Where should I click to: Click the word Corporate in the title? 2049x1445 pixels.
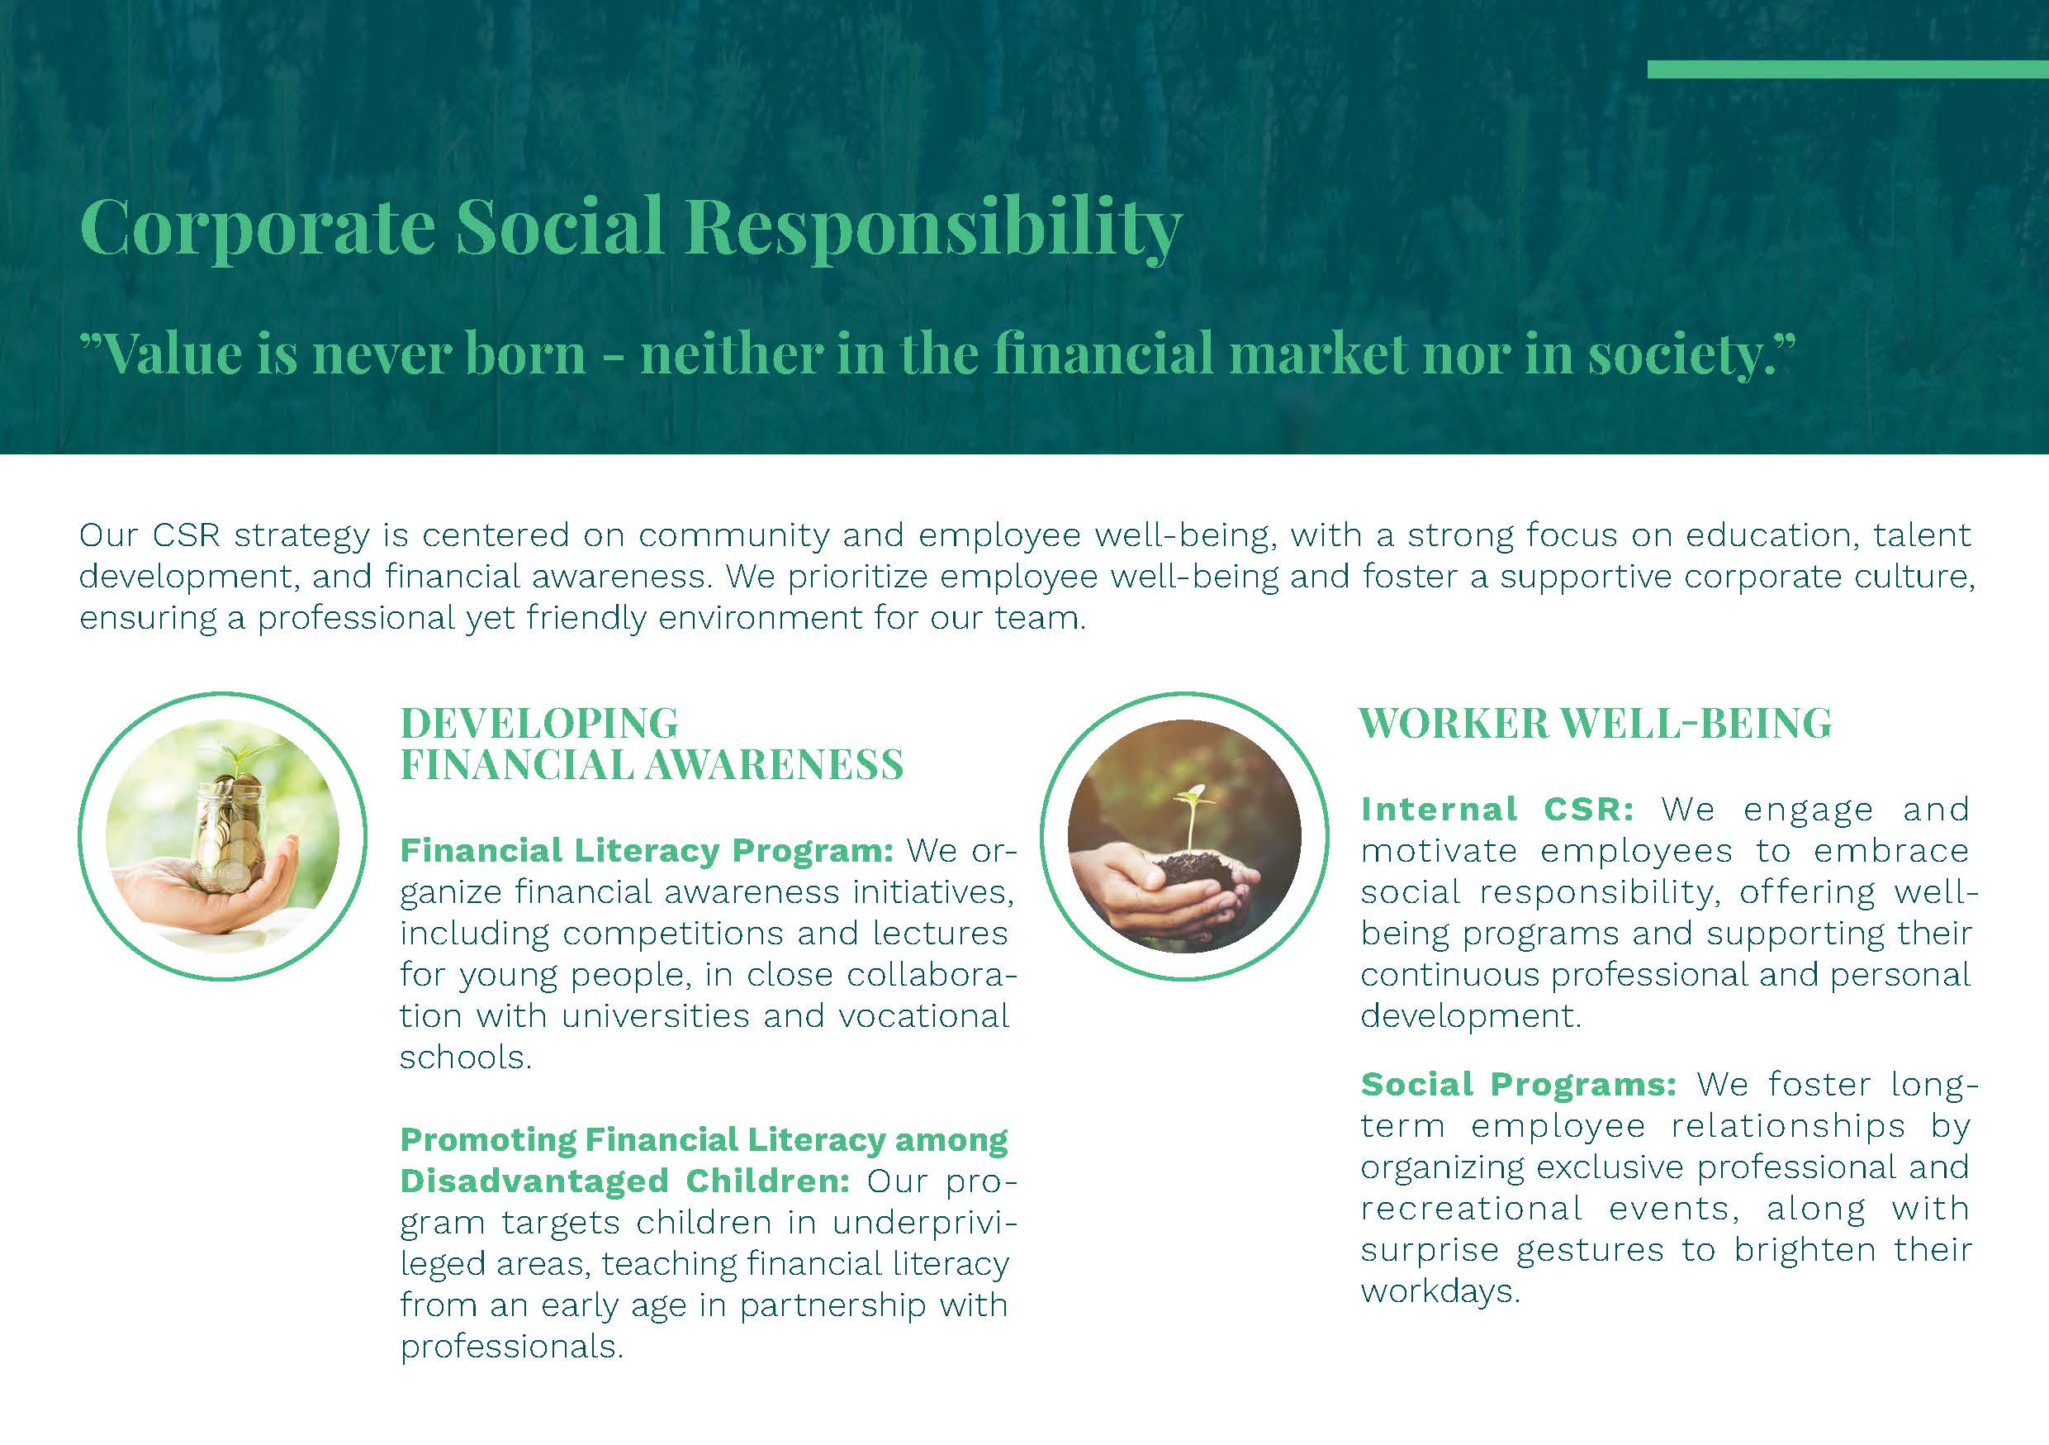point(258,226)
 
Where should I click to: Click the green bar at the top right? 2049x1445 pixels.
point(1847,69)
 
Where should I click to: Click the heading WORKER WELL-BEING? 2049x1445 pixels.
point(1596,723)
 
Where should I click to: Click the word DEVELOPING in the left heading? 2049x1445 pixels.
point(539,723)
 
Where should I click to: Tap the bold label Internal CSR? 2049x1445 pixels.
point(1497,810)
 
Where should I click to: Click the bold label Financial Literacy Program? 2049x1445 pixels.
point(646,851)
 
